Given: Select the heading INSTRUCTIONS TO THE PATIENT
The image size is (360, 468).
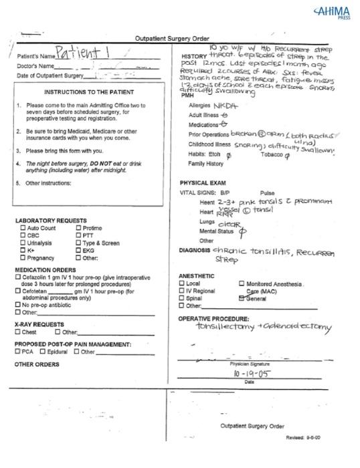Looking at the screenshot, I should click(88, 92).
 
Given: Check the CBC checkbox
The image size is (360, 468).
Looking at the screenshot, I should click(23, 235).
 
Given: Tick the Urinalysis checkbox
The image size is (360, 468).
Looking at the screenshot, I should click(23, 243).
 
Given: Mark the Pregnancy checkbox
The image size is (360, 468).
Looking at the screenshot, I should click(23, 257).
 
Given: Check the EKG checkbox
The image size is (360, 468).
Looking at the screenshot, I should click(78, 250).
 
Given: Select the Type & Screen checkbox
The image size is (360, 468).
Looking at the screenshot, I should click(78, 243).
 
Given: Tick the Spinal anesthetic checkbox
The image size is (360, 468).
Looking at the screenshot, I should click(181, 299).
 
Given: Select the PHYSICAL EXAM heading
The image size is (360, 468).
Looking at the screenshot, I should click(202, 183).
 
